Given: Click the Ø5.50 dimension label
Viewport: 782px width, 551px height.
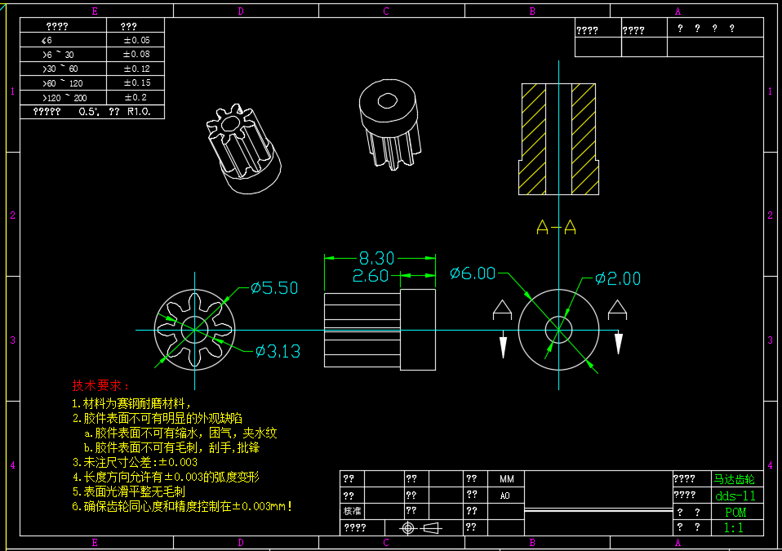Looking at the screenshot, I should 274,287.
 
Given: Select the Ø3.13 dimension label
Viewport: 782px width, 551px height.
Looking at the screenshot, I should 278,351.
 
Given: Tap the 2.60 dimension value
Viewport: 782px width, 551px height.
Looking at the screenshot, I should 371,276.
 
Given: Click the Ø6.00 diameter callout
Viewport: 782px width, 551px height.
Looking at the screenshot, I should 472,273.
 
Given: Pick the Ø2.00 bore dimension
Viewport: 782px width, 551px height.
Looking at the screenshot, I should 617,278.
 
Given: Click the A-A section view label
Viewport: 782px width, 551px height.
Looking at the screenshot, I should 556,228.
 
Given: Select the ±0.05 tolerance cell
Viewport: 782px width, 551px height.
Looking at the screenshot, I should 136,40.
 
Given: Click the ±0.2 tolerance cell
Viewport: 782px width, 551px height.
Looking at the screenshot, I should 136,97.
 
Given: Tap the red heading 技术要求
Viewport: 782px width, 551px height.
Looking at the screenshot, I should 100,385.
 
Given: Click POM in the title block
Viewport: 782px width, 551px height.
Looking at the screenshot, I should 735,512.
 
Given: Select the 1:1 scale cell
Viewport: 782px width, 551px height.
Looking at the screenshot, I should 734,528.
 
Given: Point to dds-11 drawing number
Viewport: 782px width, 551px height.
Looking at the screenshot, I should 735,495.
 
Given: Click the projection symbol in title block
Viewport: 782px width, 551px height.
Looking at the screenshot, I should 420,528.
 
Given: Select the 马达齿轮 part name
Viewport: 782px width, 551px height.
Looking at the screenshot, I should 734,479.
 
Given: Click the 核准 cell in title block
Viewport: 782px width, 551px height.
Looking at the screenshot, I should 353,512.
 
